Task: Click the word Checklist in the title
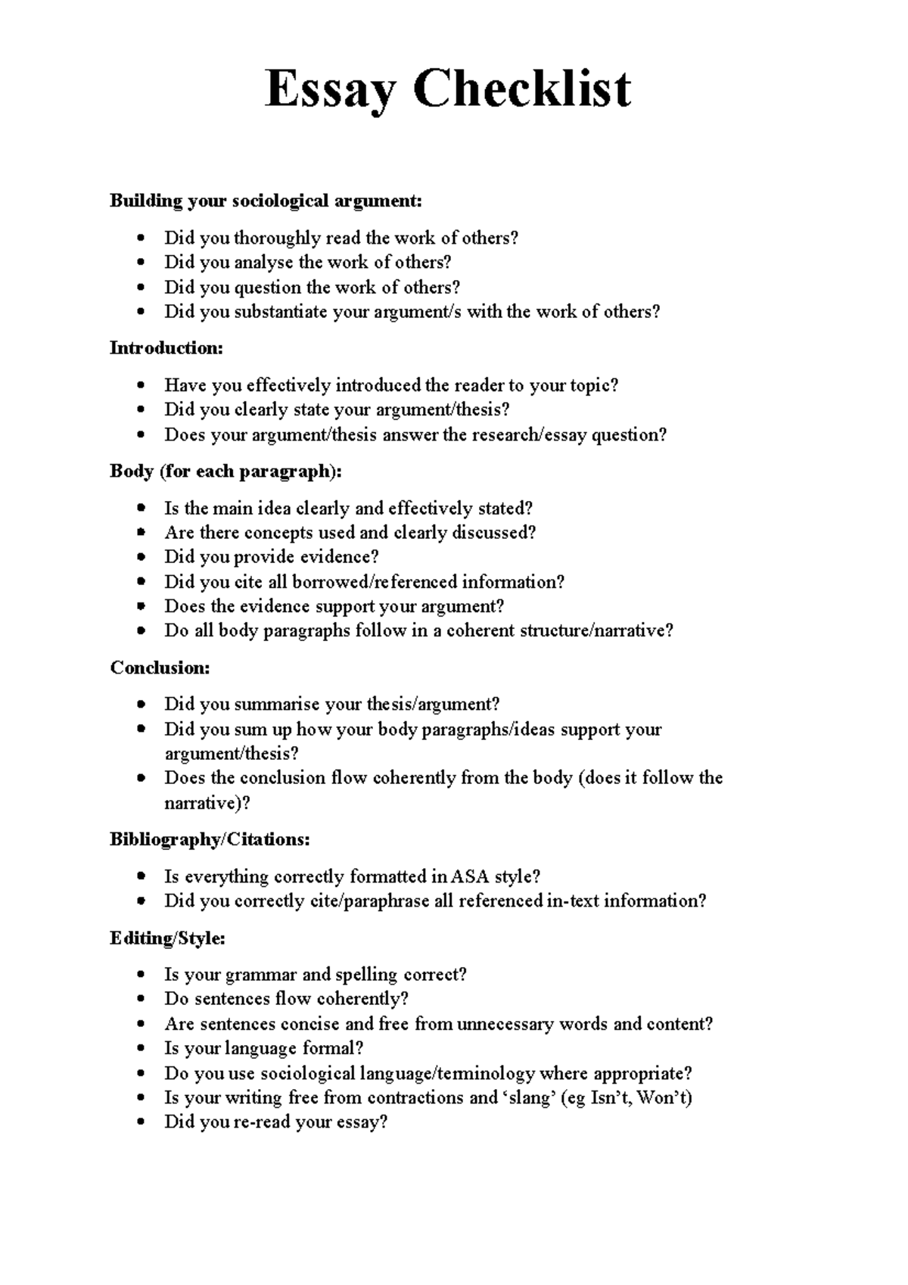[x=521, y=89]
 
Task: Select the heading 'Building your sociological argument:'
[x=266, y=201]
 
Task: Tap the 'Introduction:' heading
[x=166, y=348]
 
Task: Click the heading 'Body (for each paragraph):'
[x=225, y=471]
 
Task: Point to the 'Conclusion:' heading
[x=160, y=667]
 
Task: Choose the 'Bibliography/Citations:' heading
[x=210, y=839]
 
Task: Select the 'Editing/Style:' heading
[x=167, y=938]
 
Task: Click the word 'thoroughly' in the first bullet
[x=277, y=238]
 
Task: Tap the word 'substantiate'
[x=281, y=312]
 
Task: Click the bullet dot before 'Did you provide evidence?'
[x=141, y=558]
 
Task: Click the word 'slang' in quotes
[x=529, y=1098]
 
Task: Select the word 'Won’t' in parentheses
[x=664, y=1098]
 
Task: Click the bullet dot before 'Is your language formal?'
[x=141, y=1050]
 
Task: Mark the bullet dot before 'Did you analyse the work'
[x=141, y=263]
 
